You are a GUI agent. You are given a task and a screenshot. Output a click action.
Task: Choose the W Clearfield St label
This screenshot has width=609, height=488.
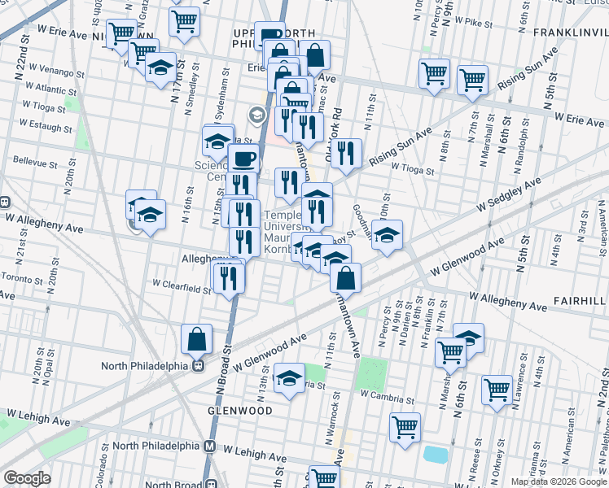[182, 285]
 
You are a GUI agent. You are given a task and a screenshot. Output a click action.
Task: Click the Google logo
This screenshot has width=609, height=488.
[28, 478]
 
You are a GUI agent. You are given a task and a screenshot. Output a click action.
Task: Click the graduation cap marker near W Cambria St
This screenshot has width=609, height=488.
[289, 378]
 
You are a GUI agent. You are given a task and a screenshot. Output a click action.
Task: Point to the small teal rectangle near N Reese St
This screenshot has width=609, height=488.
[435, 455]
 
